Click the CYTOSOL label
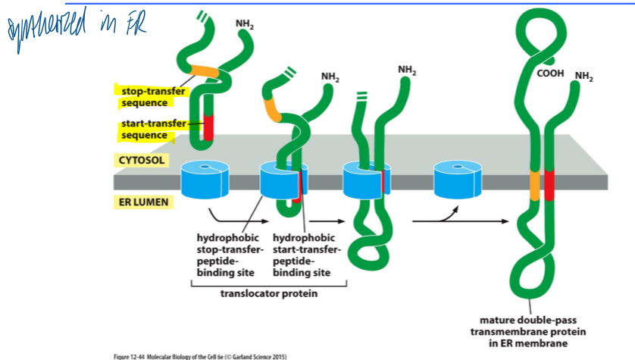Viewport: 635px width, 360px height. point(142,160)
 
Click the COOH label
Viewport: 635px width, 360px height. point(550,74)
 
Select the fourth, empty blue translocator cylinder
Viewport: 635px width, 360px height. point(455,180)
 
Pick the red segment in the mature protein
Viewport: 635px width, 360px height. point(549,185)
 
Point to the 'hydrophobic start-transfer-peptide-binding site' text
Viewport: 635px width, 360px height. point(306,255)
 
